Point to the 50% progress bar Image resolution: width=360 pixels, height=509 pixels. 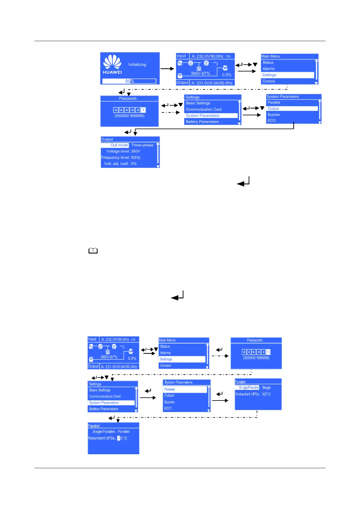(x=129, y=81)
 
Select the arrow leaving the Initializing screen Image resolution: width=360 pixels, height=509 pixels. (x=167, y=69)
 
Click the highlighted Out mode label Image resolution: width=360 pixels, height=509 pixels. (x=119, y=145)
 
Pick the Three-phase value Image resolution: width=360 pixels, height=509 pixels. (x=142, y=145)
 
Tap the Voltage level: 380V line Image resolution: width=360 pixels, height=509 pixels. (x=123, y=151)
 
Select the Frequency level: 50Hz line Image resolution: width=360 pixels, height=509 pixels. (x=121, y=157)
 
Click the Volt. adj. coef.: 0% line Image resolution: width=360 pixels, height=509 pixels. (x=120, y=164)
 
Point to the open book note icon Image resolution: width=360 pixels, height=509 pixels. (x=93, y=251)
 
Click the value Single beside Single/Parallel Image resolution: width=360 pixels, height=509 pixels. (x=266, y=387)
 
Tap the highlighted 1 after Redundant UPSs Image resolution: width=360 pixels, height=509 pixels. (x=118, y=438)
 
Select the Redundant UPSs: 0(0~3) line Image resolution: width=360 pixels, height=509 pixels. (x=253, y=394)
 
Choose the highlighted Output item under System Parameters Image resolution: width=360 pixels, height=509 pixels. (x=273, y=109)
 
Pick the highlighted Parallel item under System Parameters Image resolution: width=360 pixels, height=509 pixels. (x=170, y=389)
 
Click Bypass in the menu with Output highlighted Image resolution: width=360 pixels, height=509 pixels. (x=274, y=115)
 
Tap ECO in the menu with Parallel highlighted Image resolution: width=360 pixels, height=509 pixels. (x=168, y=408)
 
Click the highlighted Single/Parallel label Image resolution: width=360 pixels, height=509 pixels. (x=249, y=387)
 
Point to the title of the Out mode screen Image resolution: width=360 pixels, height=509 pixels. (x=107, y=139)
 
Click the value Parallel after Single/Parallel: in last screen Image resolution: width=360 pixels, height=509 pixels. (x=124, y=432)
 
